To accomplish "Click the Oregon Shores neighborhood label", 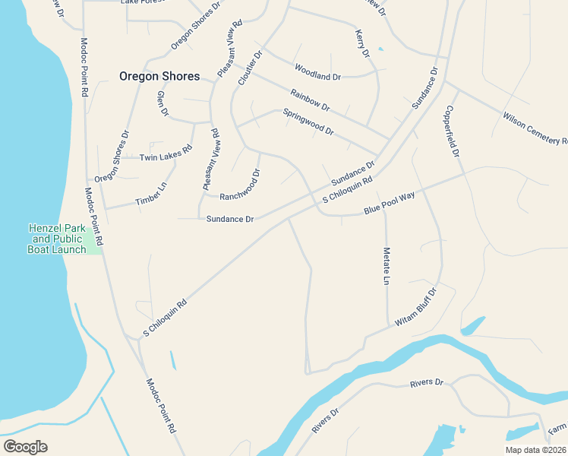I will click(x=159, y=76).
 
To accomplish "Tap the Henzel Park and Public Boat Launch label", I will click(x=57, y=239).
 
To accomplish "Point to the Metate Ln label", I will click(x=386, y=266).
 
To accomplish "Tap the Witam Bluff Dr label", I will click(x=416, y=308).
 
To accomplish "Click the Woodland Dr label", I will click(x=318, y=77).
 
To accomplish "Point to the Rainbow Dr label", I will click(x=310, y=100).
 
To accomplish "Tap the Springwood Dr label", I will click(x=308, y=122).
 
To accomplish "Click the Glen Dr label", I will click(x=162, y=103).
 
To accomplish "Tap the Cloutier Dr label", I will click(x=250, y=68).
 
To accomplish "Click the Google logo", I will click(x=25, y=447).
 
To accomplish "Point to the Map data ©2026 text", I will click(x=535, y=449).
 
